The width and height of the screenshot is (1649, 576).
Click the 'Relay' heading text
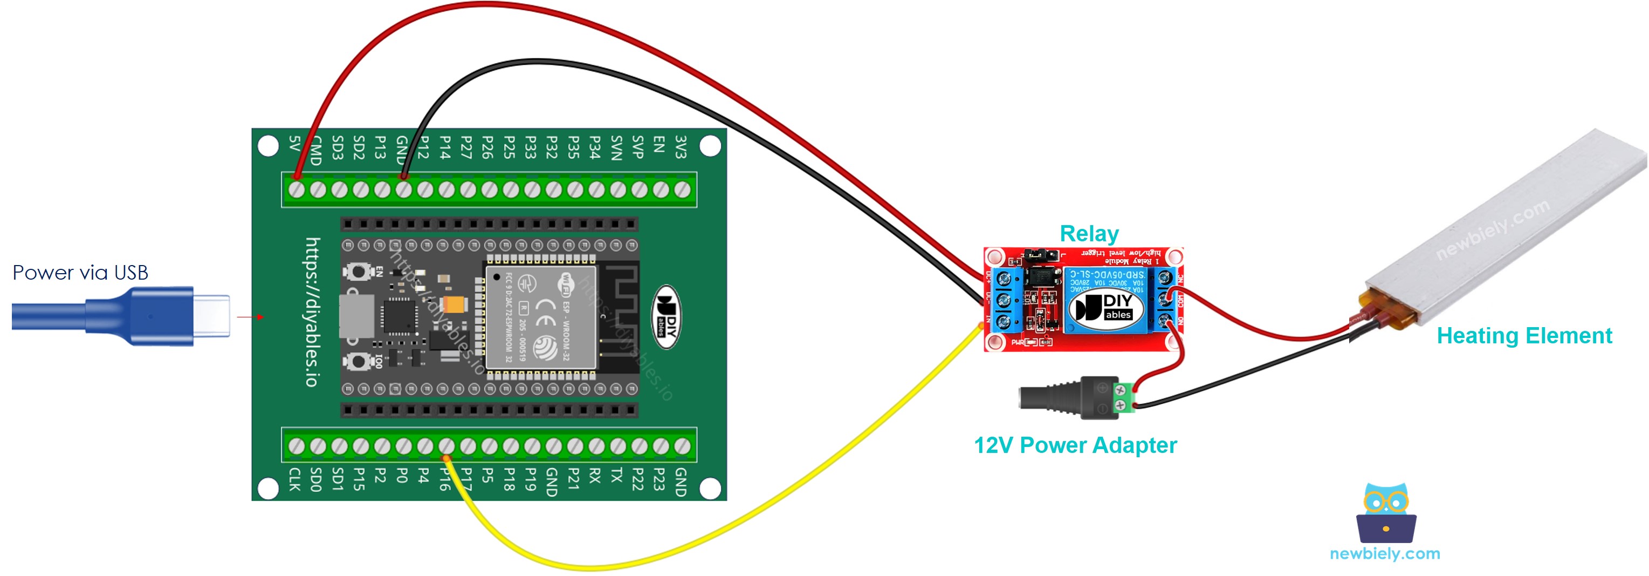coord(1089,234)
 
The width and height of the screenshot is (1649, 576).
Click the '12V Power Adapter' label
coord(1075,445)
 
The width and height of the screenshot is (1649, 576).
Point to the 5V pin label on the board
coord(294,144)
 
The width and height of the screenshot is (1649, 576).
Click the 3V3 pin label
coord(681,147)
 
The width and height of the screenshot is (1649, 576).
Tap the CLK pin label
coord(294,479)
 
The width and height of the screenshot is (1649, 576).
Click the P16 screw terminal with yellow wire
coord(446,446)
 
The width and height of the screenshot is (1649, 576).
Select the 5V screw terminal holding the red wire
coord(297,189)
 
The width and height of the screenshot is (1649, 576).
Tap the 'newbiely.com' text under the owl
coord(1385,553)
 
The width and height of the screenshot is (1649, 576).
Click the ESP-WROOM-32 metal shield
coord(540,318)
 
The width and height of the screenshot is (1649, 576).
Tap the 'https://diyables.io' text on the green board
coord(312,313)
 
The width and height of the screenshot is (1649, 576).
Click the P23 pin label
coord(659,479)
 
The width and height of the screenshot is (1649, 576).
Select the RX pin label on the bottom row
coord(595,476)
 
